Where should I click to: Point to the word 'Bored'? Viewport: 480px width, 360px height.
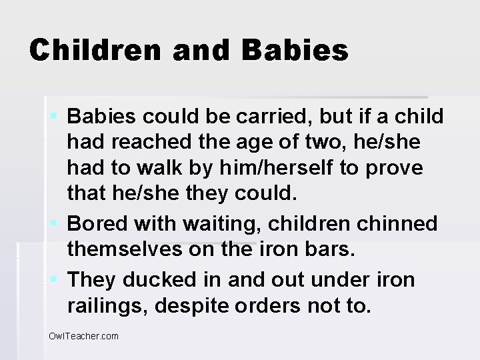[x=95, y=223]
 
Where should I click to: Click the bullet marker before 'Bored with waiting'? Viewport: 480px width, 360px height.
[x=56, y=223]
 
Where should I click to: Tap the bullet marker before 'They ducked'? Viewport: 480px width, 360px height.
[x=56, y=279]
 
